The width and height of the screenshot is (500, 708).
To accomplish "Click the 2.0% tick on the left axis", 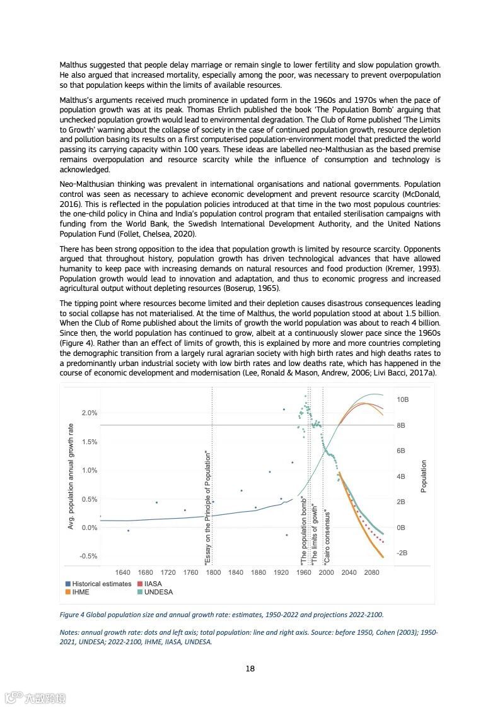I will pos(89,413).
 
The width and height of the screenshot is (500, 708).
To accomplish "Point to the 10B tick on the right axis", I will pos(402,400).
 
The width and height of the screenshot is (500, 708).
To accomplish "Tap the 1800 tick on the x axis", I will pos(213,572).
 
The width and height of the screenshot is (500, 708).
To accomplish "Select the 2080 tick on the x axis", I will pos(372,572).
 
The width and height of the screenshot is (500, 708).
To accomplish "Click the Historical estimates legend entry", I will pos(102,584).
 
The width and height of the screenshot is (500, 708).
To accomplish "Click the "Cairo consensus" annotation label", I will pos(327,537).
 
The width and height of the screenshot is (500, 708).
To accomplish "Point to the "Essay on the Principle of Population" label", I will pos(207,508).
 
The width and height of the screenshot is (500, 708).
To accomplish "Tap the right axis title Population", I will pos(424,476).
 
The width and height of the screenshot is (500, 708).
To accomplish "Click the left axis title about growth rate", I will pos(71,476).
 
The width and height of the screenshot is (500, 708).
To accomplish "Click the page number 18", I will pos(250,669).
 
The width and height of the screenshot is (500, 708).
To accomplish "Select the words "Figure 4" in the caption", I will pos(73,614).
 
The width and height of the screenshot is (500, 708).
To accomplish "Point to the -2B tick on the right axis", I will pos(402,553).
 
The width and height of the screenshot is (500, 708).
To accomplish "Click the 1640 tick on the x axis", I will pos(123,572).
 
